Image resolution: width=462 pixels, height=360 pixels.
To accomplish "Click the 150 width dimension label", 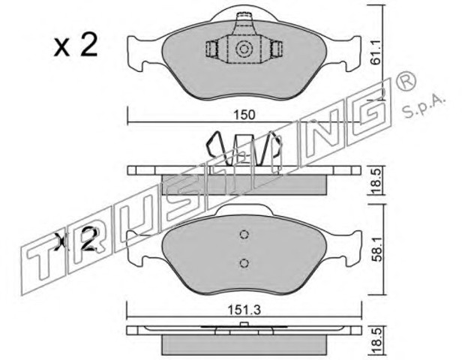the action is tap(244, 115).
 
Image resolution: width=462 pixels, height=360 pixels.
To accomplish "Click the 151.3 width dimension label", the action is tap(244, 310).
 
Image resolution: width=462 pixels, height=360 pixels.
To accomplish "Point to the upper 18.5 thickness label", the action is tap(377, 181).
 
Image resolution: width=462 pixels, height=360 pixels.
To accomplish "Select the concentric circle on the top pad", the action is tap(244, 49).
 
